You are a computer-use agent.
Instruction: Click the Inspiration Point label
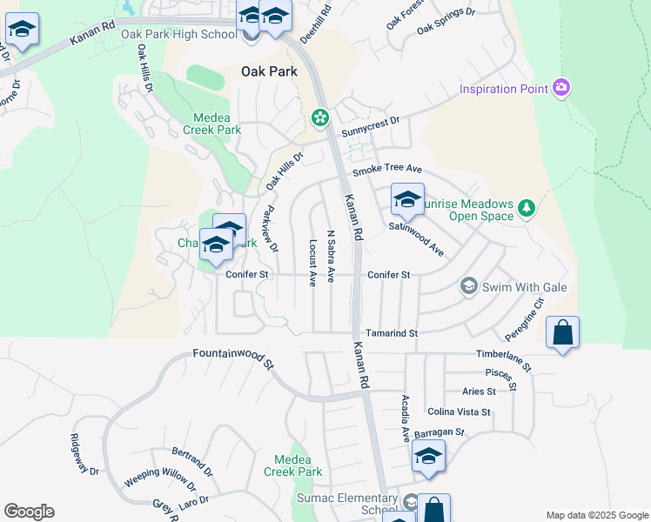(503, 89)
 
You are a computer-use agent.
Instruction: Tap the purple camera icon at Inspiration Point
(561, 88)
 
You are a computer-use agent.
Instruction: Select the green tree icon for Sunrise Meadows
(526, 209)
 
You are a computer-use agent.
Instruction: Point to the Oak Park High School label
(178, 35)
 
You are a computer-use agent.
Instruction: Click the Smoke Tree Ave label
(386, 169)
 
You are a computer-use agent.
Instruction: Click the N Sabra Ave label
(331, 256)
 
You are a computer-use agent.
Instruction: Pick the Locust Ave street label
(312, 263)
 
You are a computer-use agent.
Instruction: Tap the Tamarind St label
(392, 333)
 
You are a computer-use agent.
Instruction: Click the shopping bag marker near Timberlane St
(562, 333)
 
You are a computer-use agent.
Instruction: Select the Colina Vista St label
(459, 412)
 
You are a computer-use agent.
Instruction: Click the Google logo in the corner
(29, 512)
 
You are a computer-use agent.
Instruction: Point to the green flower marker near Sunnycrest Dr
(320, 117)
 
